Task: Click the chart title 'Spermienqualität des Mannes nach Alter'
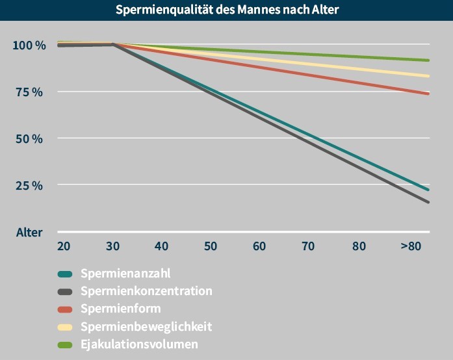click(x=227, y=10)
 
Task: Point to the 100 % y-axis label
click(x=29, y=45)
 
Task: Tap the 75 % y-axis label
click(x=30, y=92)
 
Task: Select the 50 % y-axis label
click(x=30, y=139)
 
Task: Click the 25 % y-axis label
click(x=30, y=186)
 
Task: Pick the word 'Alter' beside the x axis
click(x=29, y=233)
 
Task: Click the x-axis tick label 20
click(x=64, y=246)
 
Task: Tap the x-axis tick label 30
click(x=112, y=246)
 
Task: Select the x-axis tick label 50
click(x=210, y=246)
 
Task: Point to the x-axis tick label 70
click(x=308, y=246)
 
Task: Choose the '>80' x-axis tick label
click(x=411, y=246)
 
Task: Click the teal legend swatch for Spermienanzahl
click(x=64, y=274)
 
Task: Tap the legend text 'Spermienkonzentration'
click(x=146, y=290)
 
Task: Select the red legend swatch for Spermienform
click(x=64, y=309)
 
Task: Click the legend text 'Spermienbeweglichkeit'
click(x=146, y=326)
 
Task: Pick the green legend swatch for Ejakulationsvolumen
click(x=64, y=344)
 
